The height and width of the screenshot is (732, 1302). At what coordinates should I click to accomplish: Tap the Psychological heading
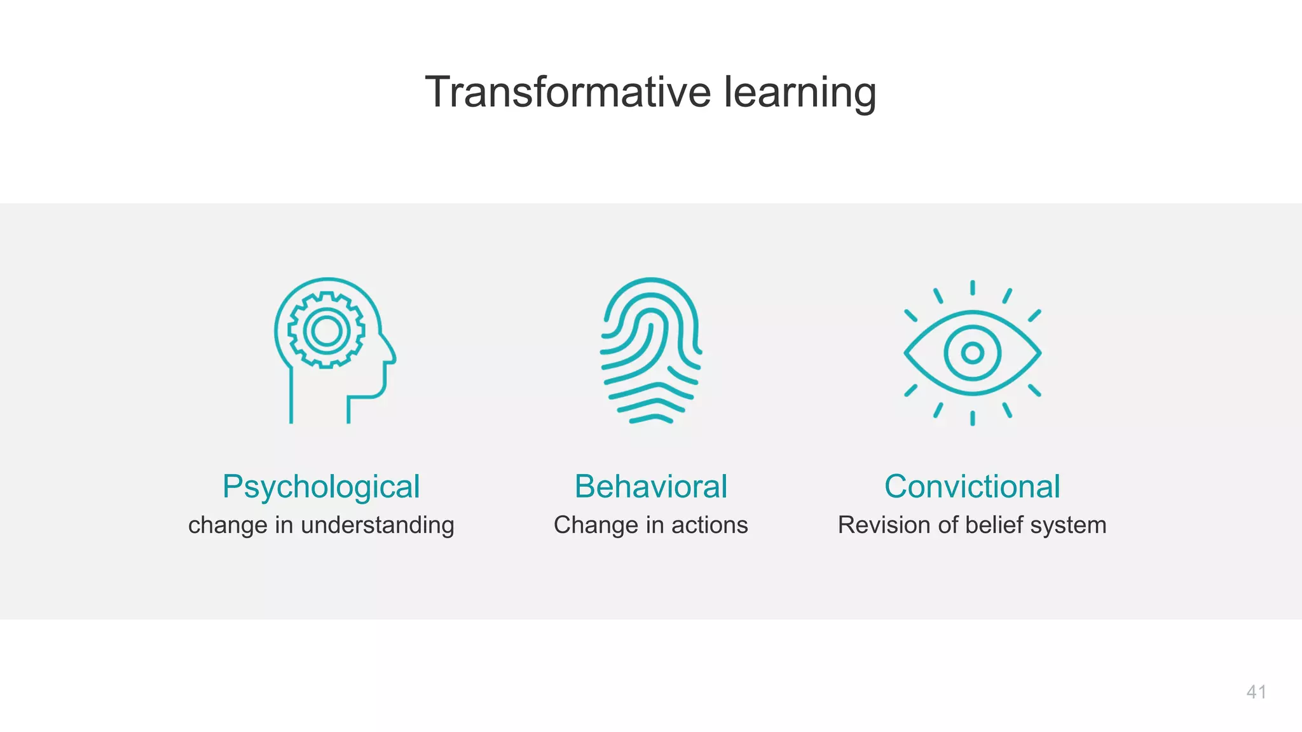tap(321, 487)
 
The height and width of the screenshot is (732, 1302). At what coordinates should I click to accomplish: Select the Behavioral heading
tap(650, 487)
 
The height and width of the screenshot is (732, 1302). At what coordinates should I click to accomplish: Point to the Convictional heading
tap(972, 487)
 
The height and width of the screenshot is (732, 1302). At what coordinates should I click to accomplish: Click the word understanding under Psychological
tap(377, 525)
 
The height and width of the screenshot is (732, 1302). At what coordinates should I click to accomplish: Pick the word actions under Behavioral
tap(709, 525)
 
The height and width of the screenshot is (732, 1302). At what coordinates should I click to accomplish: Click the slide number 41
tap(1256, 692)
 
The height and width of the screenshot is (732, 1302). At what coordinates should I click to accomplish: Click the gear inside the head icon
tap(326, 330)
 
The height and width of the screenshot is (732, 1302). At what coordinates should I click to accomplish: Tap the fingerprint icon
tap(650, 350)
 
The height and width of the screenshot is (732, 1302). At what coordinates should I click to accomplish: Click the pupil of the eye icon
tap(972, 353)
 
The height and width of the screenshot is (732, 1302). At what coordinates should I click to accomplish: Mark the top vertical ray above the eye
tap(972, 288)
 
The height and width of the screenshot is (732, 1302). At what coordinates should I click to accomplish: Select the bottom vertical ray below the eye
tap(972, 418)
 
